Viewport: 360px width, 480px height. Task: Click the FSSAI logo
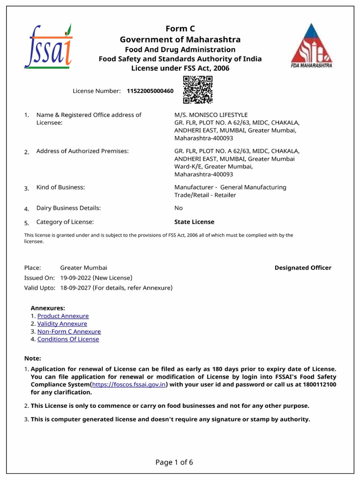coord(48,46)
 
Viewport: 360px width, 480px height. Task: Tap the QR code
coord(197,90)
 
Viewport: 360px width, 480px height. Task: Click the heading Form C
coord(180,29)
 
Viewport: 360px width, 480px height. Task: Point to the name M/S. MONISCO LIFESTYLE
coord(211,115)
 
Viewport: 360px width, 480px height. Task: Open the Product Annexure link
coord(63,316)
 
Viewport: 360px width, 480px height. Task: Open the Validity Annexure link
coord(62,324)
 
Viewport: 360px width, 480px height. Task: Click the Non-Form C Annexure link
coord(69,331)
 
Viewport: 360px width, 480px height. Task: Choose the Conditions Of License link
coord(68,339)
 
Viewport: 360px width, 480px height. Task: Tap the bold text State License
coord(194,222)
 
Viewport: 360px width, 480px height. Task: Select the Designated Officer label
coord(303,268)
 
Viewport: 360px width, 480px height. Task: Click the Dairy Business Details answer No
coord(179,208)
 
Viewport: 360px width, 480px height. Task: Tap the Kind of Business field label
coord(60,187)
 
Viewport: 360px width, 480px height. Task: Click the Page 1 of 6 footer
coord(174,463)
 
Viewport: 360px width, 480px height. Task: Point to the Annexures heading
coord(48,308)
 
